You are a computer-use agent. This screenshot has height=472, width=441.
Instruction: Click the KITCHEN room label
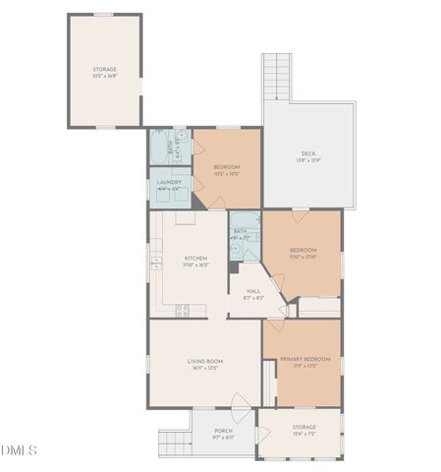click(x=195, y=259)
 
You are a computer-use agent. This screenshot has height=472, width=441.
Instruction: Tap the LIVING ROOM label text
click(x=205, y=361)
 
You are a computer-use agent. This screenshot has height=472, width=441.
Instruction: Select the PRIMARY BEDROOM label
click(x=304, y=359)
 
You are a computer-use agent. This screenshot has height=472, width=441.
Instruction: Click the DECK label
click(x=308, y=152)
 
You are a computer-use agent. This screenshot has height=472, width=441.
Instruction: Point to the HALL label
click(x=253, y=291)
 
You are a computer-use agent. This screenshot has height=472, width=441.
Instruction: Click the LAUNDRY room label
click(x=169, y=182)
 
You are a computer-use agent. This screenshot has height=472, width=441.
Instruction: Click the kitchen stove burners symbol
click(x=182, y=310)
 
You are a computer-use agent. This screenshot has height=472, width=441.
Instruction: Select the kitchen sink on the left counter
click(x=155, y=263)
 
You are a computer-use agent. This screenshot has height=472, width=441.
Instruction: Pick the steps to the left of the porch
click(x=174, y=442)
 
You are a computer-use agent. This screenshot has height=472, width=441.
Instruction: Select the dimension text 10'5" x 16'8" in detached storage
click(x=104, y=76)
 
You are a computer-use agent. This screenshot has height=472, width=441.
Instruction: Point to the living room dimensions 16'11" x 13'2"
click(x=205, y=369)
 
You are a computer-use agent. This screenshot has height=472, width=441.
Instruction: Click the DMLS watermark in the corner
click(x=19, y=451)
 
